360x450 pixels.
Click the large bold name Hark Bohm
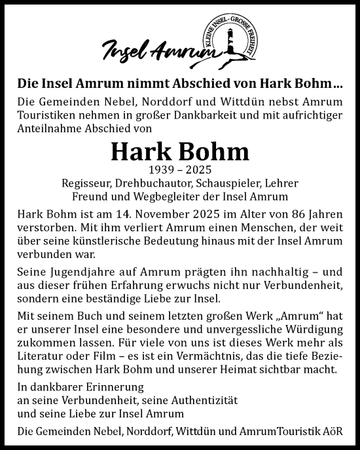click(x=180, y=152)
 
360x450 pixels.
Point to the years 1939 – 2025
click(x=180, y=170)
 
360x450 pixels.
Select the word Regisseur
click(x=87, y=183)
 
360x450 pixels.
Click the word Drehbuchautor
click(x=153, y=183)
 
